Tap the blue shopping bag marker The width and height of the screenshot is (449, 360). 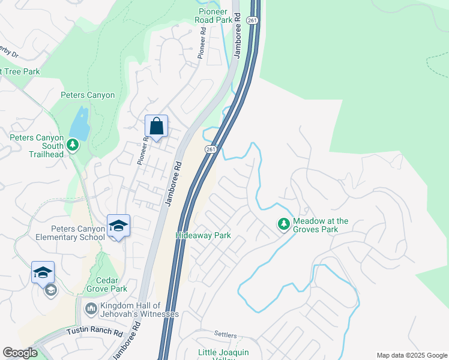(x=156, y=127)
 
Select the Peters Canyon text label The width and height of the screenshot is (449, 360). (x=88, y=95)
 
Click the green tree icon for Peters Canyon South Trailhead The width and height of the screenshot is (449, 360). (x=73, y=145)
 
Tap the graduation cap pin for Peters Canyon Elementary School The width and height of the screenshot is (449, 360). (x=119, y=226)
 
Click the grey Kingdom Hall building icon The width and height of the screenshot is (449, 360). (x=91, y=308)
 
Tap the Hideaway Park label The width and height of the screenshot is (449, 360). (x=203, y=236)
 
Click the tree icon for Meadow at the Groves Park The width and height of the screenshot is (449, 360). (x=283, y=224)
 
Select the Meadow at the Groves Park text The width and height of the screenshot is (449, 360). (x=321, y=225)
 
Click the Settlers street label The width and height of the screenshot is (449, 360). (x=226, y=334)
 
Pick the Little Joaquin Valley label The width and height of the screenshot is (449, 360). (x=228, y=355)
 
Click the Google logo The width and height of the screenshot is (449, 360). (x=20, y=352)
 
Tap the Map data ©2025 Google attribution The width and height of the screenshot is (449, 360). (x=411, y=355)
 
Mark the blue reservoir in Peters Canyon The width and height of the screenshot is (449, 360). (x=79, y=124)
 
